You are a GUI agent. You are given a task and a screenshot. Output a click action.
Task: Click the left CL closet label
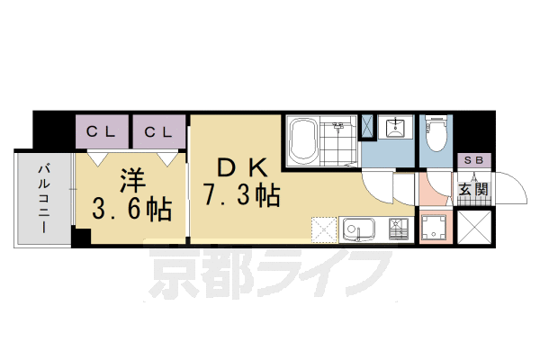pos(102,132)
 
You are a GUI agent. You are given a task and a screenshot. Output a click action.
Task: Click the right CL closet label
pos(158,132)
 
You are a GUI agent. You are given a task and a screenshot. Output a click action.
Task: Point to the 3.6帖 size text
pos(132,211)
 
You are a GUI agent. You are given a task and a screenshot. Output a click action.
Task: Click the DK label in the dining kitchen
pos(238,167)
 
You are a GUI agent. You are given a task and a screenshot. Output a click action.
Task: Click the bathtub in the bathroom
pos(305,139)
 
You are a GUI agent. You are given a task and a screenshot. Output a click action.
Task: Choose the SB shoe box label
pos(472,160)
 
